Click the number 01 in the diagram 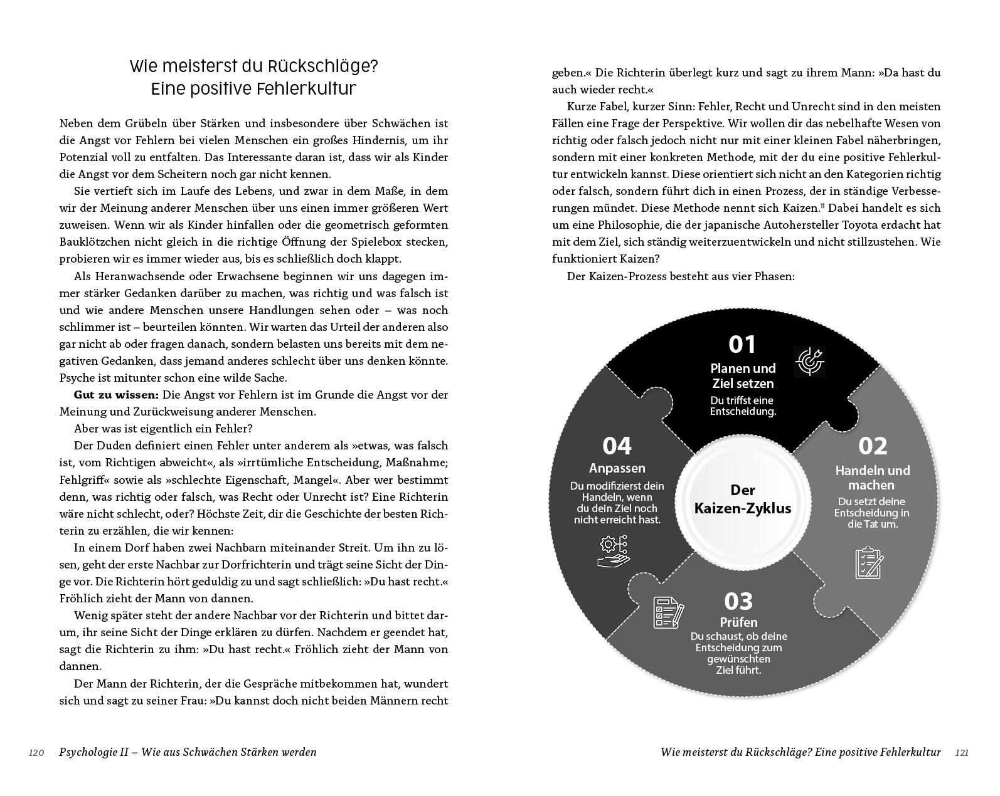tap(742, 345)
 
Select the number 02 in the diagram tap(873, 446)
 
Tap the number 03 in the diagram tap(738, 601)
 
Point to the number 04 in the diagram tap(617, 446)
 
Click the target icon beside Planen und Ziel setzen tap(810, 361)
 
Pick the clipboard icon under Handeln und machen tap(869, 563)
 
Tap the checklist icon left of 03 tap(668, 612)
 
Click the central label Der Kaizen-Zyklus tap(742, 499)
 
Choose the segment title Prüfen tap(738, 622)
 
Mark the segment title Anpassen tap(617, 468)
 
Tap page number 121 tap(962, 753)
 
